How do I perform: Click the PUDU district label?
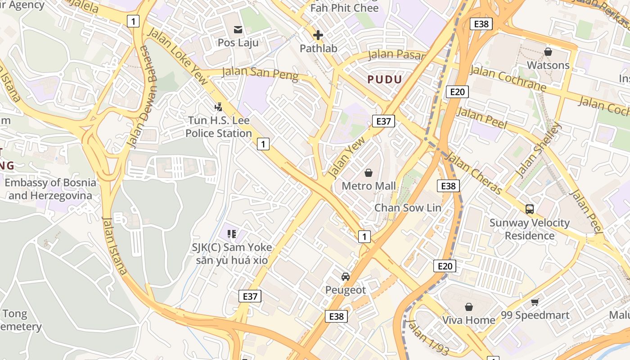pos(384,80)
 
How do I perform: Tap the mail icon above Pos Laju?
pos(238,30)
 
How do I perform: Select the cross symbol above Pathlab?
pos(318,35)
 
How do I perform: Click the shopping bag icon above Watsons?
pos(548,52)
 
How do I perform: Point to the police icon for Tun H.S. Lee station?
pos(219,107)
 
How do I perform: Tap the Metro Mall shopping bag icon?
pos(369,173)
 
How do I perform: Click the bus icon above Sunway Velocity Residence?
pos(530,209)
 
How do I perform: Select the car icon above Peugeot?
pos(345,277)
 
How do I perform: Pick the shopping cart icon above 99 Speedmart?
pos(535,302)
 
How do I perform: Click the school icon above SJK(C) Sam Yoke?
pos(232,234)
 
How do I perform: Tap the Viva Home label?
pos(468,320)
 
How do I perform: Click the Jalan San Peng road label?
pos(261,73)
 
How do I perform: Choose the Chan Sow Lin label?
pos(408,207)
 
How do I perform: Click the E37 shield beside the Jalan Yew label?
pos(383,121)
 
